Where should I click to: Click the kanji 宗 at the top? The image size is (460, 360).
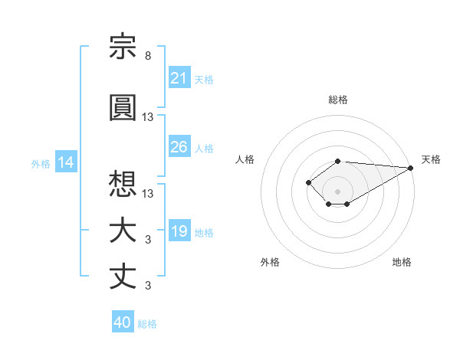coord(123,46)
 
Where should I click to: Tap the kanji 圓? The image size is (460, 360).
coord(123,107)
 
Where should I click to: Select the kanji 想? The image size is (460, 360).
coord(123,184)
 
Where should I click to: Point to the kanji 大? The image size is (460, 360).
coord(123,231)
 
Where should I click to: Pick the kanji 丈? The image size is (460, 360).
coord(123,277)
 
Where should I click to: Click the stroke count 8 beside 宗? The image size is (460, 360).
coord(148,56)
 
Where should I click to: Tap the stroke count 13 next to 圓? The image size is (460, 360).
coord(147,117)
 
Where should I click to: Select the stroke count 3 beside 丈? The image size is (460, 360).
coord(148,285)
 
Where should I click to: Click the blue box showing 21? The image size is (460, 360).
coord(179,77)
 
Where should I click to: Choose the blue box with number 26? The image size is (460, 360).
coord(179,146)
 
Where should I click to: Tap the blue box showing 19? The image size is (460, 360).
coord(179,230)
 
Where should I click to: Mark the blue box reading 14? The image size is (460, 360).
coord(66,162)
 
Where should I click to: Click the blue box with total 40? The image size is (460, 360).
coord(123,321)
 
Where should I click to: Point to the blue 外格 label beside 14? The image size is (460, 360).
coord(41,164)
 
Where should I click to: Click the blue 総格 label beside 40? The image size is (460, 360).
coord(147,324)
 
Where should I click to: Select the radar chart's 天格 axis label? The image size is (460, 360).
coord(431,159)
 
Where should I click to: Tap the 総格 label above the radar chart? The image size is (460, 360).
coord(338,100)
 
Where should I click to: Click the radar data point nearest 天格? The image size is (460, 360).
coord(411,168)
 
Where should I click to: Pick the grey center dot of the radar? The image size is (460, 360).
coord(337,191)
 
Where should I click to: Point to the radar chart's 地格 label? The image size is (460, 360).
coord(402,262)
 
